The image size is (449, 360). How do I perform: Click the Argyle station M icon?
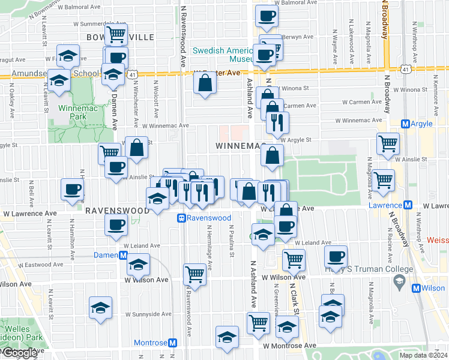coord(405,124)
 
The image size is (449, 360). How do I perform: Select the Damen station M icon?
coord(123,255)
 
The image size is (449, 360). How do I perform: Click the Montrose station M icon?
coord(173,343)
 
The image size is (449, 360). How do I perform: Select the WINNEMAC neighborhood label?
coord(240,146)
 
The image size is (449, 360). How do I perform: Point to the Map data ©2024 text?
coord(423,355)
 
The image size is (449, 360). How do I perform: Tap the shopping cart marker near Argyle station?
coord(388,144)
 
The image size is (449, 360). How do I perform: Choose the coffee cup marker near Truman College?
coord(336,256)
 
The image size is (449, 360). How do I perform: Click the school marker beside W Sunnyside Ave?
coord(100,308)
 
